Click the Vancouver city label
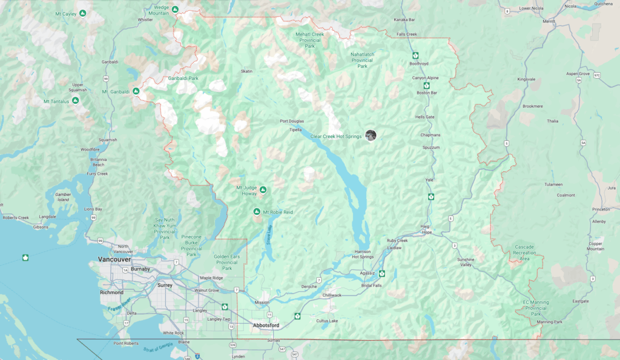coord(114,259)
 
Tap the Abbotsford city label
coord(266,326)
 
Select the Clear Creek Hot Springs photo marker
coord(371,136)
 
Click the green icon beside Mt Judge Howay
coord(263,190)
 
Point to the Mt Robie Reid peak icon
coord(257,212)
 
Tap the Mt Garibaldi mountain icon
coord(136,91)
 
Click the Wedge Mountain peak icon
coord(175,9)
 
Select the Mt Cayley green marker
coord(82,13)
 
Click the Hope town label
coord(427,232)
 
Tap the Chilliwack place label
coord(332,295)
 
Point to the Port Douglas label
coord(292,122)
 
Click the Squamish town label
coord(108,140)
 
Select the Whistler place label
coord(145,19)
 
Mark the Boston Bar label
coord(426,93)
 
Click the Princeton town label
coord(601,209)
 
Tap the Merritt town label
coord(549,21)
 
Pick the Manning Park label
coord(549,322)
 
